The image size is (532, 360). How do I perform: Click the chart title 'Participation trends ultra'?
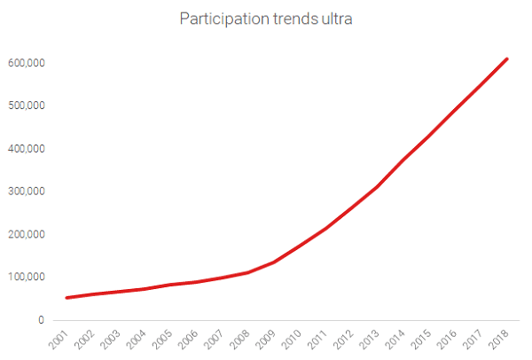coord(266,19)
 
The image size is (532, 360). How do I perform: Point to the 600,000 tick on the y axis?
coord(28,64)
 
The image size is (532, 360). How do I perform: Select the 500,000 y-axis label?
coord(28,106)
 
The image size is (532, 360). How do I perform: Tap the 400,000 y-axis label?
coord(28,149)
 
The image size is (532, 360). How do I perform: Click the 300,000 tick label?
coord(28,192)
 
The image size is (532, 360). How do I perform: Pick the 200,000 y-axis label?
coord(28,234)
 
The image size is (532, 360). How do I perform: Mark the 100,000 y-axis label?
coord(28,277)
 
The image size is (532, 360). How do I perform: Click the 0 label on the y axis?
coord(42,320)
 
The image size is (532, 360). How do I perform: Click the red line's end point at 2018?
coord(507,59)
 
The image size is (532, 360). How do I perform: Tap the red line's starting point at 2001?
coord(67,297)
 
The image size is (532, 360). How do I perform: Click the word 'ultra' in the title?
coord(335,19)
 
